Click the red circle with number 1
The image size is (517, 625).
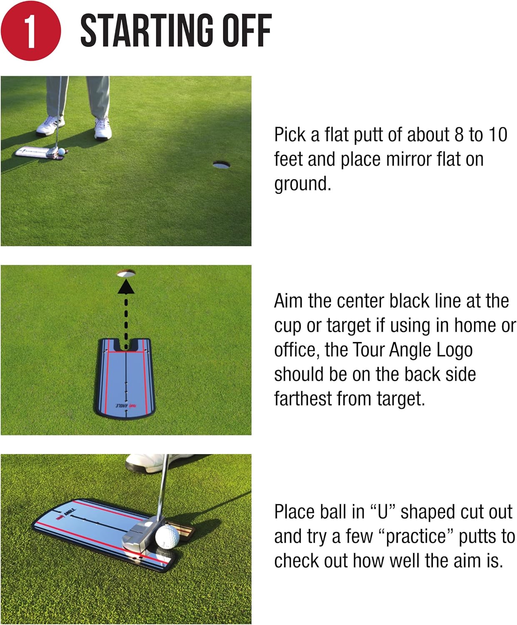[x=30, y=31]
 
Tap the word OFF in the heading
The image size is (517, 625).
[x=246, y=30]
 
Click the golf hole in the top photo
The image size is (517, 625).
[x=221, y=165]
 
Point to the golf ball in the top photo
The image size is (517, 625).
[x=61, y=152]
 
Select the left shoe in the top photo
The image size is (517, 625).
[x=50, y=126]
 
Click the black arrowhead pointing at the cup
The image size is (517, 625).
[x=126, y=287]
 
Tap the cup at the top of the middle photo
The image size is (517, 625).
[x=126, y=273]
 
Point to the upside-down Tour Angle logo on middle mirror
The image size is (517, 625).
[x=127, y=405]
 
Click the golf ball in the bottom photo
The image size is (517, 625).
[x=167, y=537]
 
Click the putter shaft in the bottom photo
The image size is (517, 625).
[x=164, y=487]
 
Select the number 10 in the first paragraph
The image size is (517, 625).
[x=497, y=135]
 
